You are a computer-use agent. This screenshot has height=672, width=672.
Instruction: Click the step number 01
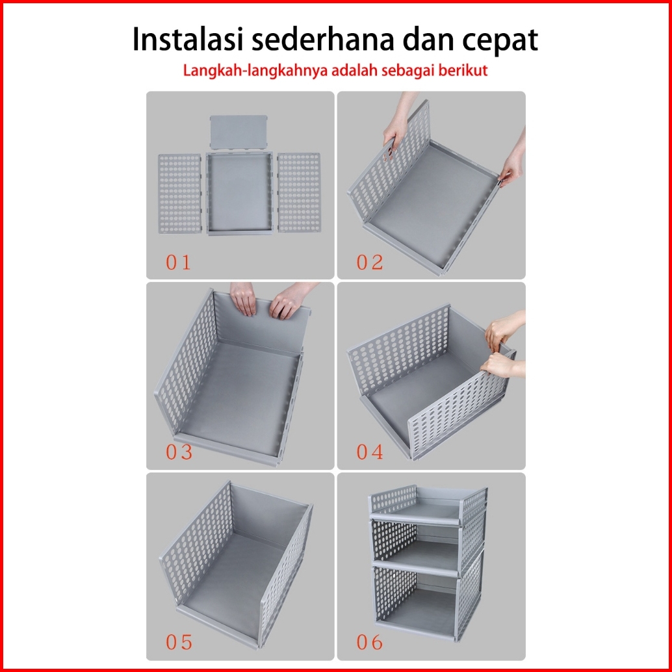178,263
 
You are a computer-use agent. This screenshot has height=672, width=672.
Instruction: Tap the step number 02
369,263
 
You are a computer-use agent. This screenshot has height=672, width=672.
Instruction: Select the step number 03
179,452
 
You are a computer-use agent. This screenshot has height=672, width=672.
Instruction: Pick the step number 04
369,452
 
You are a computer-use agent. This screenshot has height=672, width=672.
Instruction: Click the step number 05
179,642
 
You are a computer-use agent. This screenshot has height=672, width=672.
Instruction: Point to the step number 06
369,642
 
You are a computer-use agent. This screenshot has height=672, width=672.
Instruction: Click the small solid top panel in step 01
239,132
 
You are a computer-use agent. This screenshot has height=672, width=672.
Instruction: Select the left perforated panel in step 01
179,194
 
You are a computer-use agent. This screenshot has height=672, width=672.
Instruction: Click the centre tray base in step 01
240,193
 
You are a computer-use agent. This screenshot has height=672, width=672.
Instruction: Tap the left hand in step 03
242,298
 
